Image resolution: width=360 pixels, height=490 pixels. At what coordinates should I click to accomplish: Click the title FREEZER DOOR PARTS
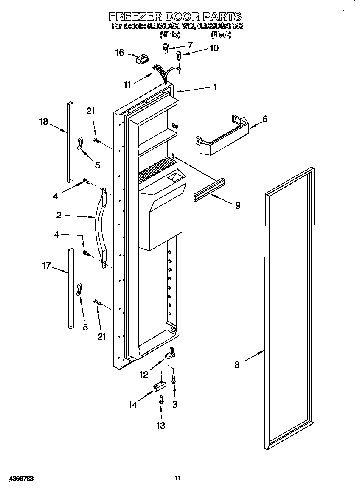point(175,17)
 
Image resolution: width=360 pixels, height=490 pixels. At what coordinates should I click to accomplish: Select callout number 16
point(120,52)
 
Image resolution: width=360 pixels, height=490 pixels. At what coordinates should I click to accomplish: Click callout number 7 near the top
point(189,45)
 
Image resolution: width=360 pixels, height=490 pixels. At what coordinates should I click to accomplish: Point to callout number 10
point(214,48)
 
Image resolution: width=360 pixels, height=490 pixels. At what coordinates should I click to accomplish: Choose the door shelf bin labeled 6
point(221,135)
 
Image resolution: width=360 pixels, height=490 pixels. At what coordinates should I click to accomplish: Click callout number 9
point(237,205)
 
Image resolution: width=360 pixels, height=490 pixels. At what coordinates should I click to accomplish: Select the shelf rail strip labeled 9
point(209,189)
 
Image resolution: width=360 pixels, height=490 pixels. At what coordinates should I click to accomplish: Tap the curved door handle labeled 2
point(102,229)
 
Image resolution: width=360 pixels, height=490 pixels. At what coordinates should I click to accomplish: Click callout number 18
point(44,122)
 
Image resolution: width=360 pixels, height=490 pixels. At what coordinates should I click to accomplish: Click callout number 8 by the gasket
point(237,364)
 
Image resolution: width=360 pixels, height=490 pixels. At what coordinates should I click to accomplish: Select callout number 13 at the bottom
point(161,426)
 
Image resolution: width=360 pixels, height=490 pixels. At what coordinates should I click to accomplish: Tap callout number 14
point(132,405)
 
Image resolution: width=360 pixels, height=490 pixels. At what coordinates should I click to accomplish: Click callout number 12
point(144,374)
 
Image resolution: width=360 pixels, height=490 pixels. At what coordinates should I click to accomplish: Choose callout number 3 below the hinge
point(174,405)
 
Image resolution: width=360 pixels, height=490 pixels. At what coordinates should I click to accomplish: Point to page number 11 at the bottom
point(178,478)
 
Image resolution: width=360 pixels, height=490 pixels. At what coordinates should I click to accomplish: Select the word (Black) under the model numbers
point(221,35)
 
